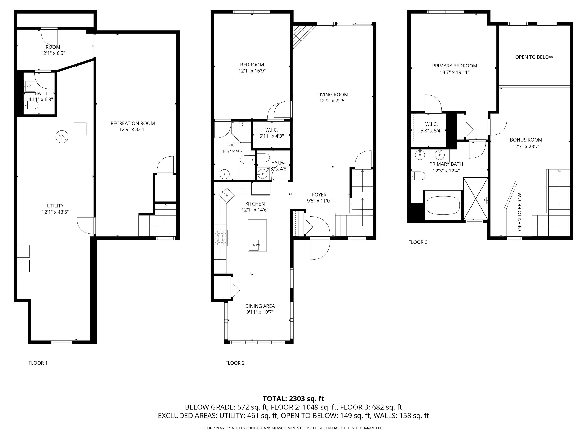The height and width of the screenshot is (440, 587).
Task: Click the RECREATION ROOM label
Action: point(132,123)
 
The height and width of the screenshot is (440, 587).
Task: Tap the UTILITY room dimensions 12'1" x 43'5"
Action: point(55,212)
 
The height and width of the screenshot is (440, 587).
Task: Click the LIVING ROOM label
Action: point(332,95)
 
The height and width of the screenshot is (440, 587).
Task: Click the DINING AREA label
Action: point(260,306)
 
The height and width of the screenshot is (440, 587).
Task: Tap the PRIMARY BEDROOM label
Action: point(454,66)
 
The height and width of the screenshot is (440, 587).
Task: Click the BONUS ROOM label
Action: point(526,140)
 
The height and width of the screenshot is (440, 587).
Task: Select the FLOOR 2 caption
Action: point(235,363)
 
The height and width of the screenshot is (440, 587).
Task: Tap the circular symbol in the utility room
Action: point(62,137)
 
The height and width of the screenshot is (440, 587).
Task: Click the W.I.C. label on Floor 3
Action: point(431,124)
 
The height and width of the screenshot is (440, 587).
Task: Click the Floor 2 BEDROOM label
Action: point(252,65)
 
